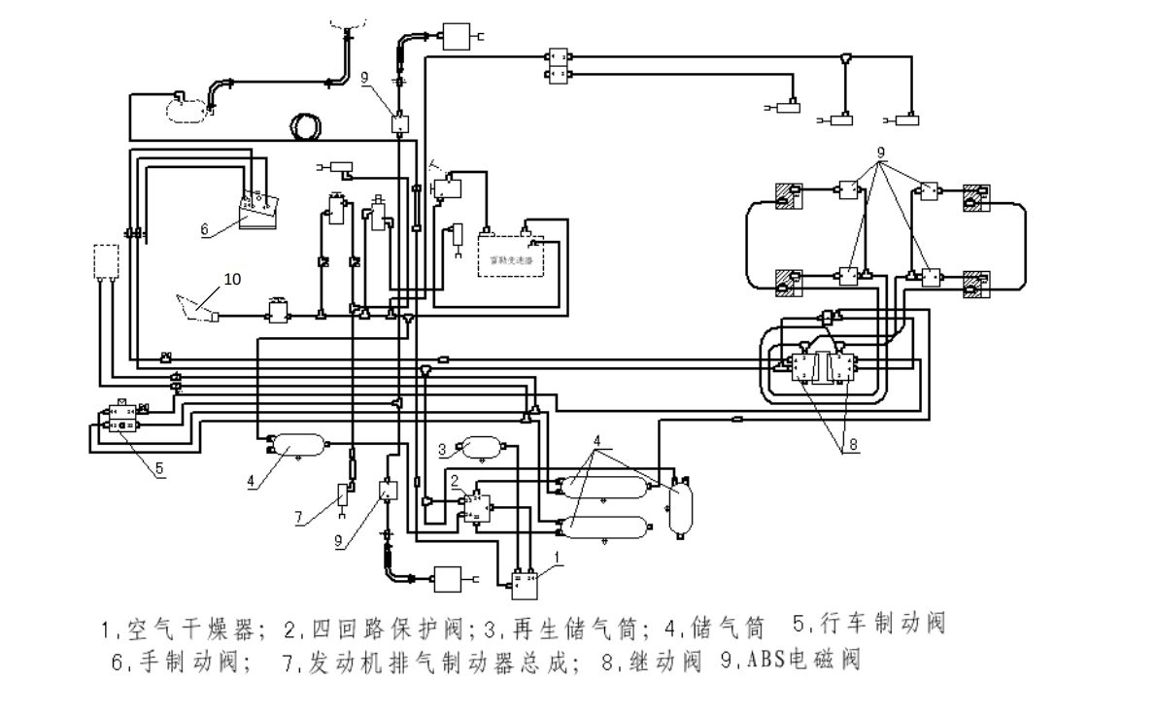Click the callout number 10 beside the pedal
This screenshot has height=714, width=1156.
[x=232, y=279]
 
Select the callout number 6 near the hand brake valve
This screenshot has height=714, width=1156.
[x=204, y=230]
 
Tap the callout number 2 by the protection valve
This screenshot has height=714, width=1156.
[x=455, y=479]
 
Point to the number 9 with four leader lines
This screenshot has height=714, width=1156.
[x=880, y=153]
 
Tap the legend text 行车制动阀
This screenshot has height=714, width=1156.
[x=883, y=624]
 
